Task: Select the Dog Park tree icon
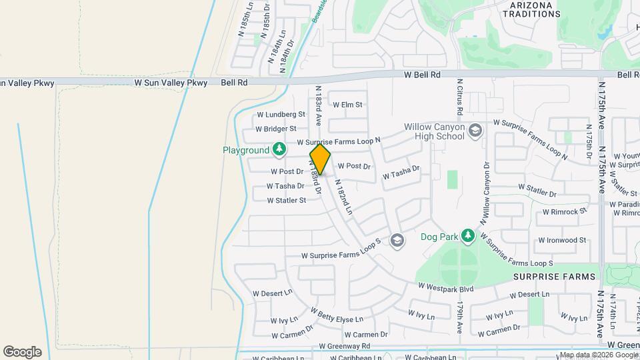[x=468, y=235]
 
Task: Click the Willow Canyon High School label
[x=434, y=131]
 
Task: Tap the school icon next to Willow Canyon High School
[x=475, y=129]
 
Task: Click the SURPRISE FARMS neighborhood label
[x=548, y=275]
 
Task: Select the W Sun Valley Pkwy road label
[x=171, y=83]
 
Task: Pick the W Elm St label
[x=347, y=105]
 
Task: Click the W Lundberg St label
[x=280, y=115]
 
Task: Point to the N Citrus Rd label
[x=459, y=102]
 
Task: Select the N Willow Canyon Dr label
[x=483, y=193]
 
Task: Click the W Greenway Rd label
[x=344, y=346]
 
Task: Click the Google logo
[x=22, y=352]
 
